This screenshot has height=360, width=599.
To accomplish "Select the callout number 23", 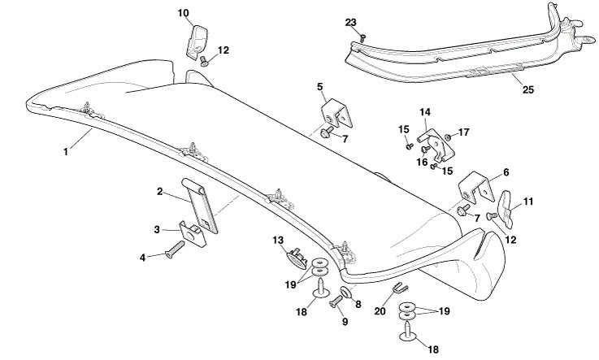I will (350, 22).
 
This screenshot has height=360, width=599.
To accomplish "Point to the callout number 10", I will (183, 13).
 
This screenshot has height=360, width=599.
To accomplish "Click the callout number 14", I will (424, 111).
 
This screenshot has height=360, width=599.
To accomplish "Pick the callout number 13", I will (277, 241).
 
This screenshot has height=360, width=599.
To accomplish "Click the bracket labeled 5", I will (336, 115).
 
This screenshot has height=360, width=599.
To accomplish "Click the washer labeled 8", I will (344, 293).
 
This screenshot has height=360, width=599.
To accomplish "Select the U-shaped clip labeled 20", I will (399, 286).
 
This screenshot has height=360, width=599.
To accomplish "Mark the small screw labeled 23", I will (363, 37).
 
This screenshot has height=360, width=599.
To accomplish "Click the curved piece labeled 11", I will (506, 208).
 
